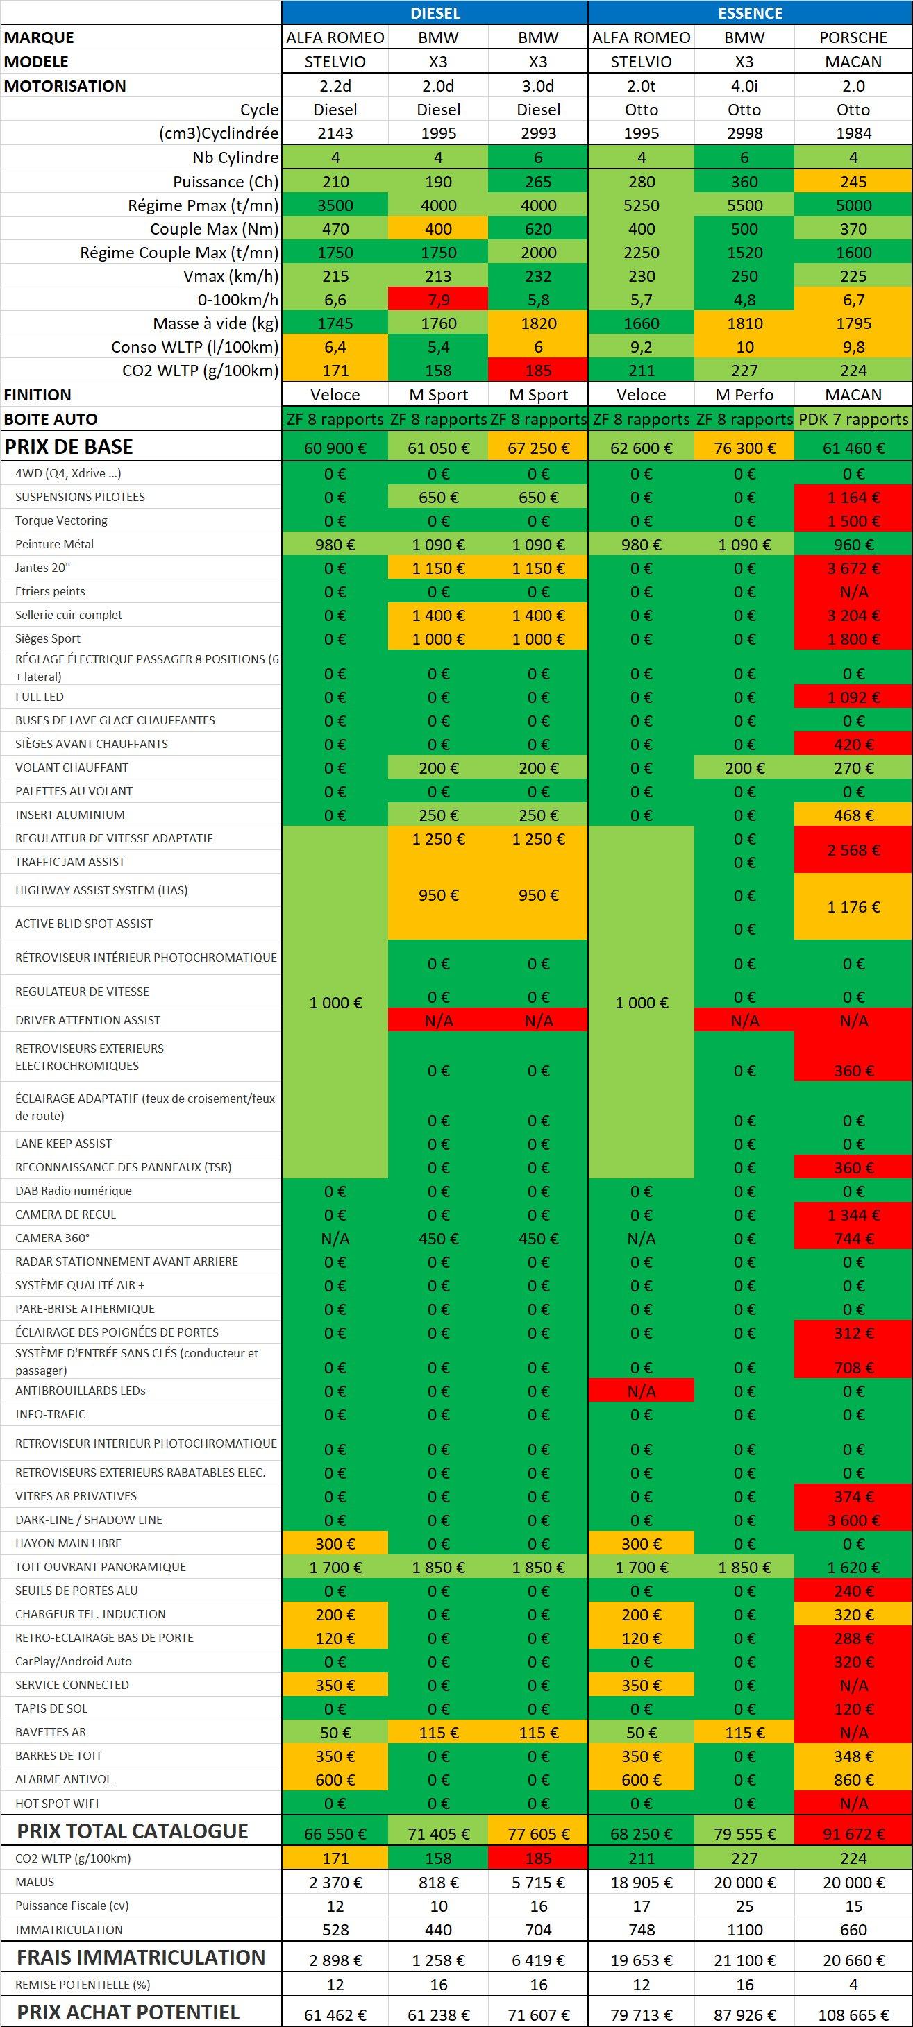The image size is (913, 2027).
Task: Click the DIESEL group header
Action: pos(435,12)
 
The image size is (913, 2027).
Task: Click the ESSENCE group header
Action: pos(749,12)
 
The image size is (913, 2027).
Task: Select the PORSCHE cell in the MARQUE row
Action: pos(853,37)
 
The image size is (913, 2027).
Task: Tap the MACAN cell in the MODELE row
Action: pos(853,61)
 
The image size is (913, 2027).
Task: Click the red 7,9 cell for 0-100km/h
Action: pos(438,300)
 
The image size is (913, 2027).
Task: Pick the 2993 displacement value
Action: pos(538,134)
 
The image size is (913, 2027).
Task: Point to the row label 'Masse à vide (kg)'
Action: pos(216,323)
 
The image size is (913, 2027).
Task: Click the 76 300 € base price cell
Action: pos(744,448)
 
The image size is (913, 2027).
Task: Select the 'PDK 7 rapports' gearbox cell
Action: pos(853,419)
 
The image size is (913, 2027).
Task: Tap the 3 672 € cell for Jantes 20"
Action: pos(853,568)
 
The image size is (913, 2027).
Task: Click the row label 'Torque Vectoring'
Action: pos(61,520)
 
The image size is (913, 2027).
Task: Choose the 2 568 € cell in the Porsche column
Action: pos(853,850)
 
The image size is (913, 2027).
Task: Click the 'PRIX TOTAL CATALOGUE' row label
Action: pos(132,1831)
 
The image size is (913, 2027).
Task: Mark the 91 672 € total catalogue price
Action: pos(853,1833)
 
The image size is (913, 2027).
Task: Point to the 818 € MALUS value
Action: pos(438,1882)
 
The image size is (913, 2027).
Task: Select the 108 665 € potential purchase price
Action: pos(853,2015)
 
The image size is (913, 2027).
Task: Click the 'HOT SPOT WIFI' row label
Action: pos(58,1803)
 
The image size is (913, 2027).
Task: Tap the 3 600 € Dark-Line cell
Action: pos(853,1520)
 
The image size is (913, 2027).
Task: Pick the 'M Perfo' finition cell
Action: pos(744,395)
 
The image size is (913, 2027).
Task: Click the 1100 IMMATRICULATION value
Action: pos(744,1929)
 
